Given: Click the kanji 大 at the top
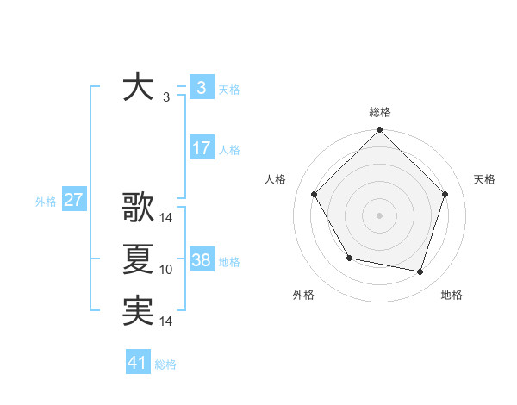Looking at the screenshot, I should tap(138, 88).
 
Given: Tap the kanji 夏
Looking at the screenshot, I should tap(138, 259).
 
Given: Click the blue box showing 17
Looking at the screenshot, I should tap(201, 148).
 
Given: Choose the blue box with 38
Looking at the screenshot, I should tap(201, 260).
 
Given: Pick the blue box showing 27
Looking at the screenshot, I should tap(74, 201).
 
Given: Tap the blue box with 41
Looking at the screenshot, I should tap(138, 364).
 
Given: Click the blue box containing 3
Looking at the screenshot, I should tap(201, 88).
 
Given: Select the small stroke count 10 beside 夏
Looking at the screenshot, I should tap(166, 271).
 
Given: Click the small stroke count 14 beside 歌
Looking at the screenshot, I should tap(166, 218).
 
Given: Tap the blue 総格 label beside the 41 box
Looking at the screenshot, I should tap(165, 364).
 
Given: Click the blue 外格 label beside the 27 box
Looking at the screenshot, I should tap(46, 202).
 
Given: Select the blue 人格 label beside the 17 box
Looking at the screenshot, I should tap(229, 150).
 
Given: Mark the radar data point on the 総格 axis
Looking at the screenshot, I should tap(379, 130).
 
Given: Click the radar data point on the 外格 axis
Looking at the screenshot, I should tap(349, 258).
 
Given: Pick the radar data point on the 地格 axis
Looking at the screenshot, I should tap(420, 271).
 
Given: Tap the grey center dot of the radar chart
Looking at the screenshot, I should tap(379, 215).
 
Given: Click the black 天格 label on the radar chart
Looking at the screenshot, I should tap(485, 179).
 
